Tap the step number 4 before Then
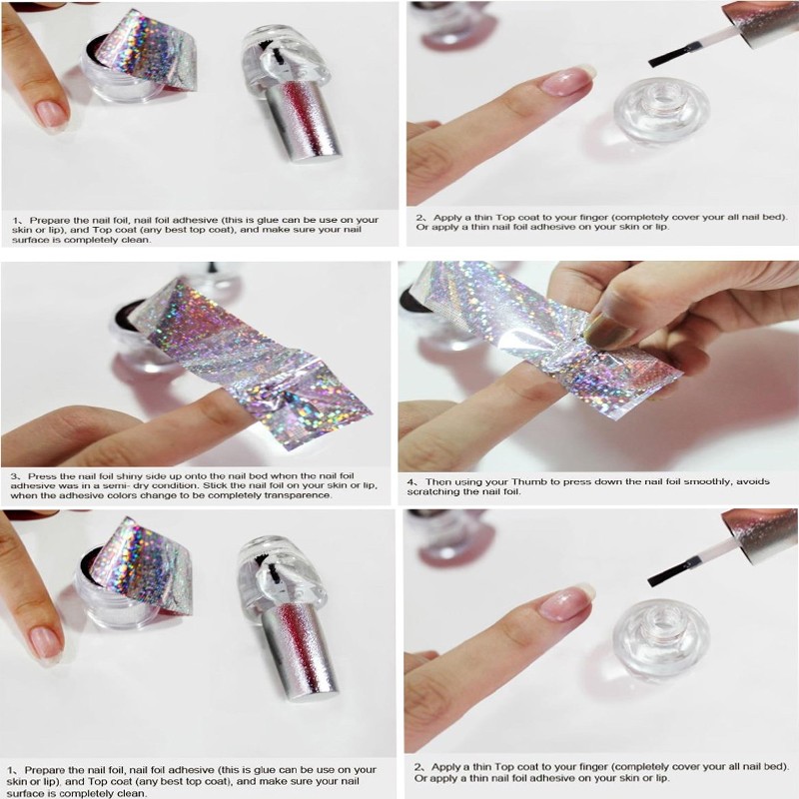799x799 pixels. [410, 481]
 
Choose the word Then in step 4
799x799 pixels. [436, 481]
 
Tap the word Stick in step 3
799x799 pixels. [214, 485]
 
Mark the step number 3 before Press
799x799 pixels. [14, 476]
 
